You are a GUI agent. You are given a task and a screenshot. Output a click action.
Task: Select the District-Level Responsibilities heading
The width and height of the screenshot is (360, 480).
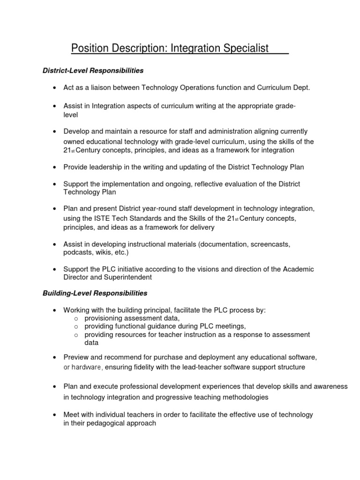pyautogui.click(x=93, y=71)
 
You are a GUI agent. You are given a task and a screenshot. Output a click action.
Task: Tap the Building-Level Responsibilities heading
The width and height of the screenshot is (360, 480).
pyautogui.click(x=95, y=293)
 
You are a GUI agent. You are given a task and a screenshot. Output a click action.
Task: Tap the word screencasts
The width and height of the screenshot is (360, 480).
pyautogui.click(x=270, y=244)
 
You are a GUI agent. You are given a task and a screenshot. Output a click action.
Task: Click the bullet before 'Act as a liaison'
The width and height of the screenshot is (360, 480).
pyautogui.click(x=55, y=88)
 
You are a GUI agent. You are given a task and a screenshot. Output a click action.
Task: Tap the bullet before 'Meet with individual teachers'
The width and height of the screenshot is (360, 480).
pyautogui.click(x=55, y=415)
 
